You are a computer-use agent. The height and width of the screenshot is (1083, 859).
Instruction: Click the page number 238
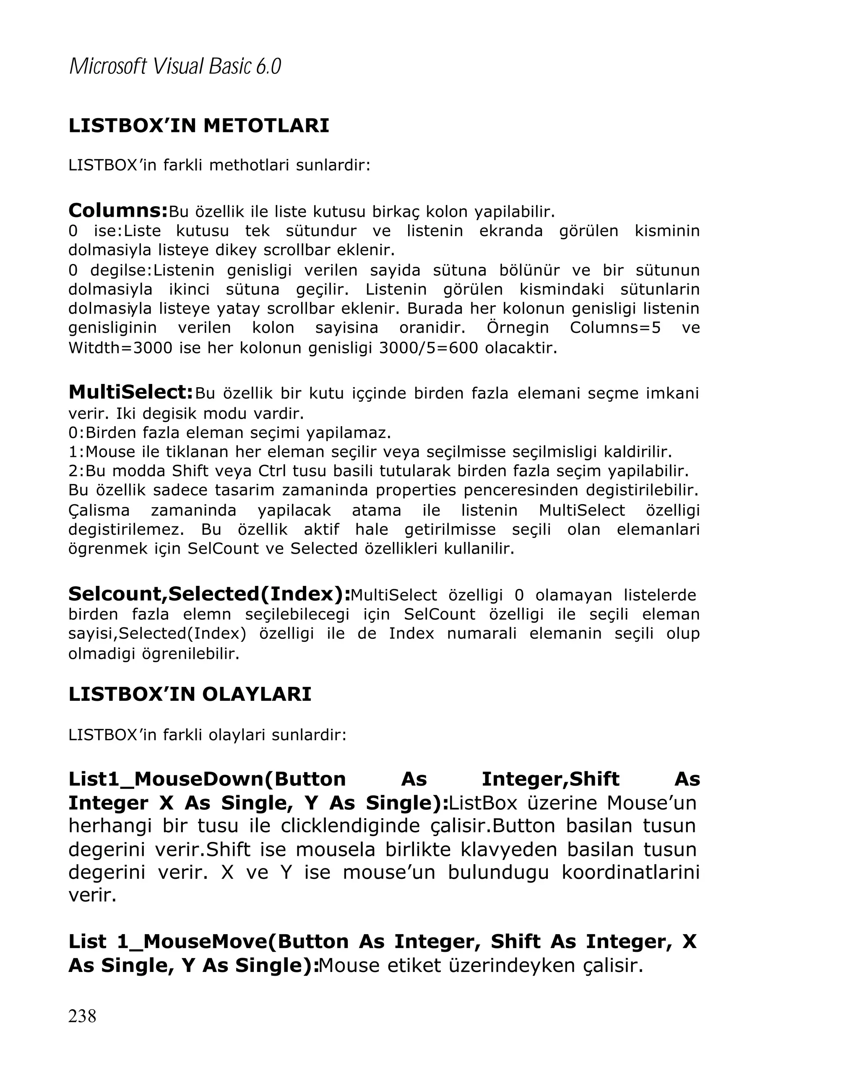point(82,1015)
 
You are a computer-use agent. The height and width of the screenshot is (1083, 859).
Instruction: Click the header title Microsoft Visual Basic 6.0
point(175,66)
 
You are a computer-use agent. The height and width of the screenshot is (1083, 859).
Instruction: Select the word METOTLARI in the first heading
point(266,126)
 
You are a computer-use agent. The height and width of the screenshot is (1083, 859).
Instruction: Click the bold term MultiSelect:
point(131,392)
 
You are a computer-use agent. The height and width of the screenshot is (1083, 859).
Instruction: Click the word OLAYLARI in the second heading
point(256,694)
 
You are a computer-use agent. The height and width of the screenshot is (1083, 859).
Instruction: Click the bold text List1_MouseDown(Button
point(207,779)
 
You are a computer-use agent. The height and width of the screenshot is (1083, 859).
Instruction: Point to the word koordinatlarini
point(630,872)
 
